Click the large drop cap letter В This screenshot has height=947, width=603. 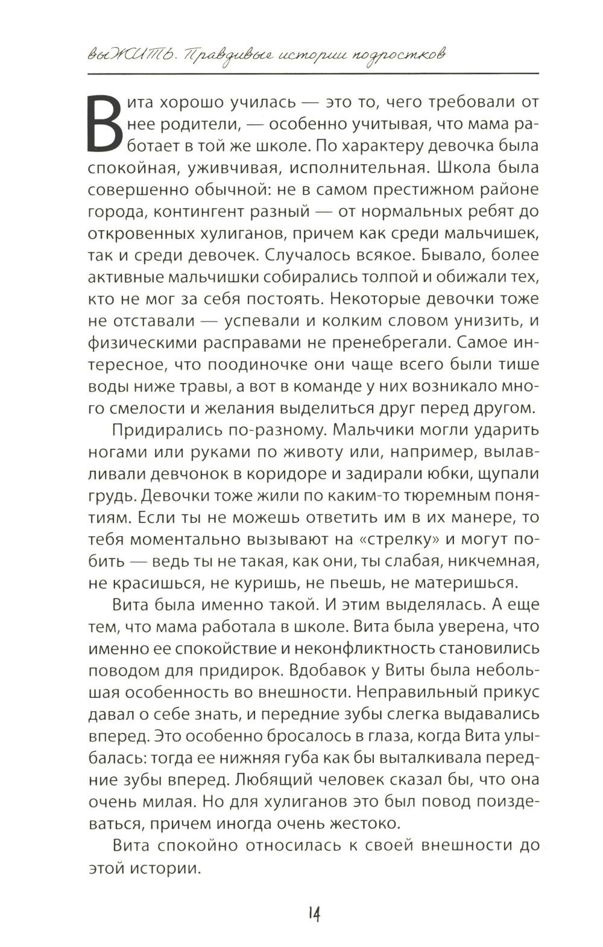109,124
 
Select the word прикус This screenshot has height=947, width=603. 506,692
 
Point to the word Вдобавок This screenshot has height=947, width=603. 330,670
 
